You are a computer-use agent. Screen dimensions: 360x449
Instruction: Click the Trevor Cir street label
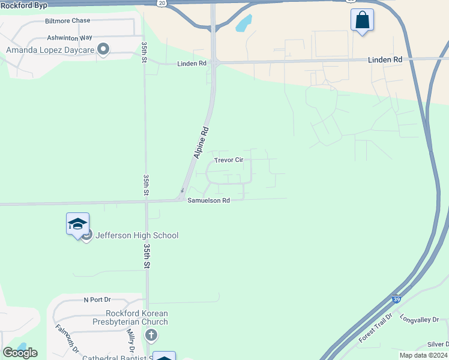[229, 161]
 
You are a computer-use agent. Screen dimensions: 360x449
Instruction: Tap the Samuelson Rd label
[208, 201]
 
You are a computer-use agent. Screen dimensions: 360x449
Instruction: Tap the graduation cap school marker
[77, 224]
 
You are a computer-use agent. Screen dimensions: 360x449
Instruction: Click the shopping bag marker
[362, 20]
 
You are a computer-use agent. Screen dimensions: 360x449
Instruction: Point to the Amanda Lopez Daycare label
[50, 50]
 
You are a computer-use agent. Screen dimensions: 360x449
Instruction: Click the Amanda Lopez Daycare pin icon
[103, 49]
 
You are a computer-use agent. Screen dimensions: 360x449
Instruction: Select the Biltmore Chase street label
[67, 21]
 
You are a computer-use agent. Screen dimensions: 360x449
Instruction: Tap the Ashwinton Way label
[70, 37]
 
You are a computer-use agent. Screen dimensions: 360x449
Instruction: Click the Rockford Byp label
[24, 4]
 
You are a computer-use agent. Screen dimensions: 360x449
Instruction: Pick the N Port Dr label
[97, 299]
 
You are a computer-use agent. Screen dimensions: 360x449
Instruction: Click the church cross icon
[151, 335]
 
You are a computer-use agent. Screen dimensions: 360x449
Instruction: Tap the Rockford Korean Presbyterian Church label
[137, 318]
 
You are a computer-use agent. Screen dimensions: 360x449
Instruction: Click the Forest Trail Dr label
[375, 328]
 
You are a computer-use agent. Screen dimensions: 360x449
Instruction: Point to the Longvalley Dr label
[419, 320]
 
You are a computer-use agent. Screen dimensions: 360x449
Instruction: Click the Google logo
[20, 353]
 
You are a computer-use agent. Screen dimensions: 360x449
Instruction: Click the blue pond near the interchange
[244, 23]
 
